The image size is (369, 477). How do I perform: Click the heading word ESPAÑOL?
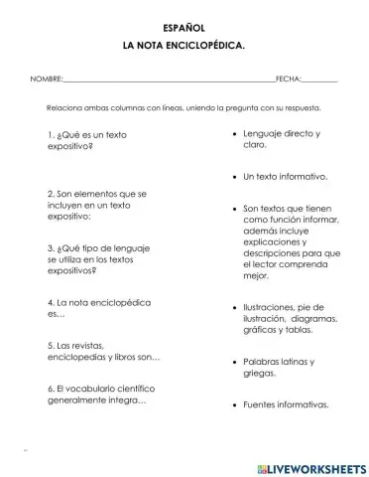click(x=184, y=30)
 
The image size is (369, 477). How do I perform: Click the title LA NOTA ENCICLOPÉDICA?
click(x=184, y=47)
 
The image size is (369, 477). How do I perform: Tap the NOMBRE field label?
click(x=46, y=79)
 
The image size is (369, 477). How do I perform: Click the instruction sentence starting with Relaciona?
click(x=184, y=108)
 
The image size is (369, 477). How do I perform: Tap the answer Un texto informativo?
click(x=285, y=176)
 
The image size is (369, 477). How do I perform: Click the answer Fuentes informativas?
click(x=286, y=404)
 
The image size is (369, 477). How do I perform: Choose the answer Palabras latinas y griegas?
click(x=281, y=368)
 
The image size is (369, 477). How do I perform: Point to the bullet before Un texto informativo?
click(x=232, y=177)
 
